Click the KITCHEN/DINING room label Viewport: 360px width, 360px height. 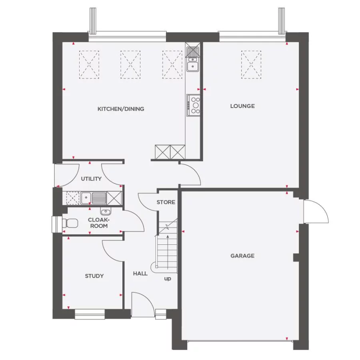tap(121, 109)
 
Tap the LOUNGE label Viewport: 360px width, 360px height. tap(242, 106)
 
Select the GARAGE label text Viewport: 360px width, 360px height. tap(242, 256)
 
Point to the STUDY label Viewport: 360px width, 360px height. tap(94, 276)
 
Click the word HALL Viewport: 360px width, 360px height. tap(140, 274)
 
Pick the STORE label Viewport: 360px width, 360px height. tap(166, 202)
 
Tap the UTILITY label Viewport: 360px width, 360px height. tap(91, 179)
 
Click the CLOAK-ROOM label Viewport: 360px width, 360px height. tap(98, 223)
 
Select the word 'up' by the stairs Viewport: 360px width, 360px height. tap(168, 278)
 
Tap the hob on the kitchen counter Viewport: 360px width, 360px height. tap(194, 105)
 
